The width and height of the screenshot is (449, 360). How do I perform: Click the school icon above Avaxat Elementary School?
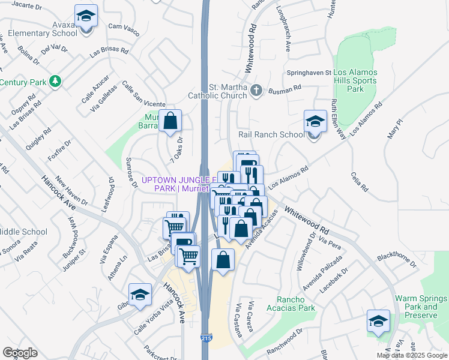pos(86,15)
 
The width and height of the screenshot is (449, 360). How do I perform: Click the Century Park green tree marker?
pos(55,80)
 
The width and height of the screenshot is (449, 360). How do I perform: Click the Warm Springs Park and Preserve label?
pos(420,304)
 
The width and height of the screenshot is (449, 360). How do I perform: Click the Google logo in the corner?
pos(20,353)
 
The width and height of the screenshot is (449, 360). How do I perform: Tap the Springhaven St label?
pos(311,73)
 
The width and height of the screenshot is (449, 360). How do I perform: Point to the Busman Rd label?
pos(285,89)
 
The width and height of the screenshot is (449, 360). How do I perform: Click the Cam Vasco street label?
pos(124,26)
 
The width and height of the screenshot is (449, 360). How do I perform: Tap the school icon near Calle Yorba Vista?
pos(140,295)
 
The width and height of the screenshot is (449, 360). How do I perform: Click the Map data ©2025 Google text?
pos(412,355)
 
